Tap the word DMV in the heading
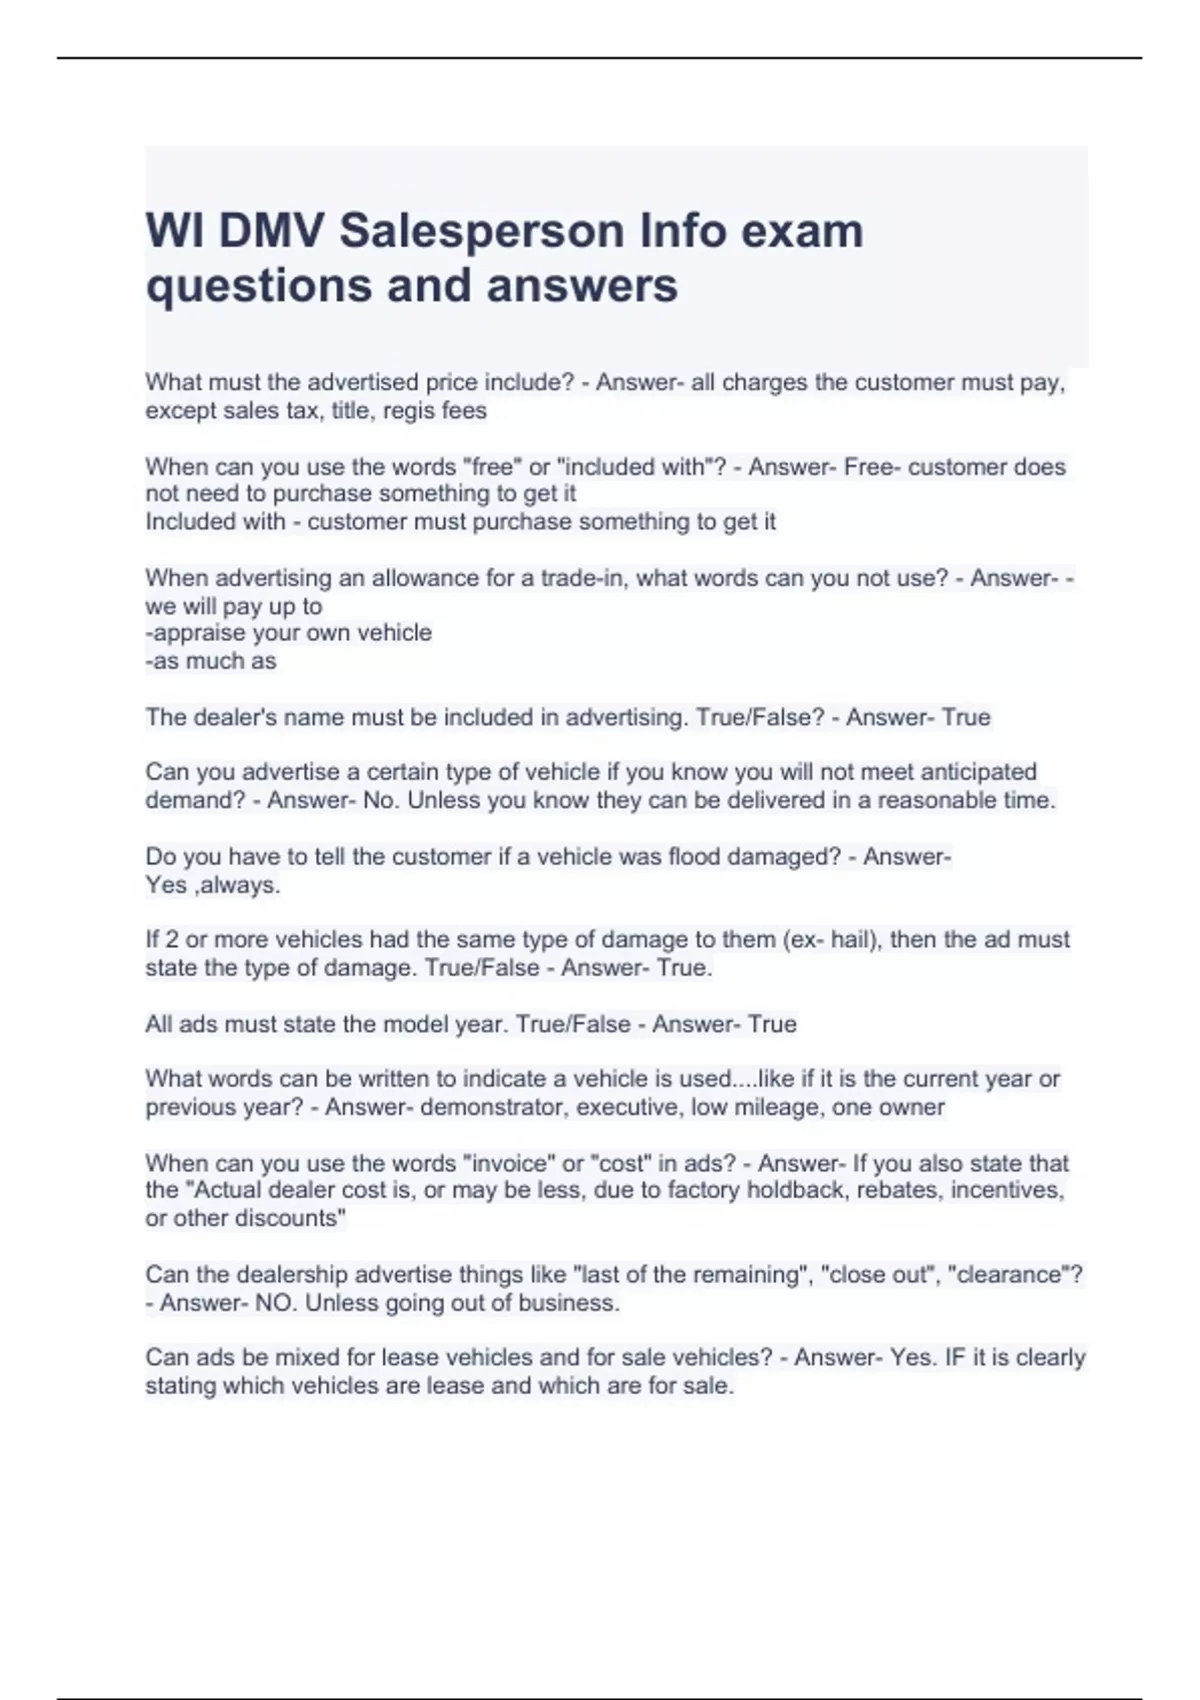(271, 231)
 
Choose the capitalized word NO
(275, 1303)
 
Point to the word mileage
(783, 1107)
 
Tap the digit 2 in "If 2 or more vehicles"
(172, 940)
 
